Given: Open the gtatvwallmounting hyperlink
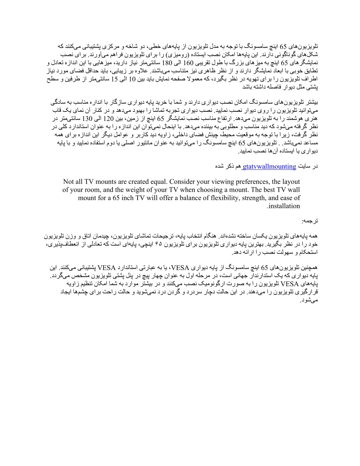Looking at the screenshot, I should tap(269, 166).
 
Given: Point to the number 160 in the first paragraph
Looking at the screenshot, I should tap(188, 63).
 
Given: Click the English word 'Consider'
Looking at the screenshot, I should tap(183, 182).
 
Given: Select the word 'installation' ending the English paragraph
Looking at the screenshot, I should tap(283, 206).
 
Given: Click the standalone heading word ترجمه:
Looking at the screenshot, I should tap(310, 221).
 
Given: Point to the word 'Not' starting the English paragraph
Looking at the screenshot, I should tap(69, 182).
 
